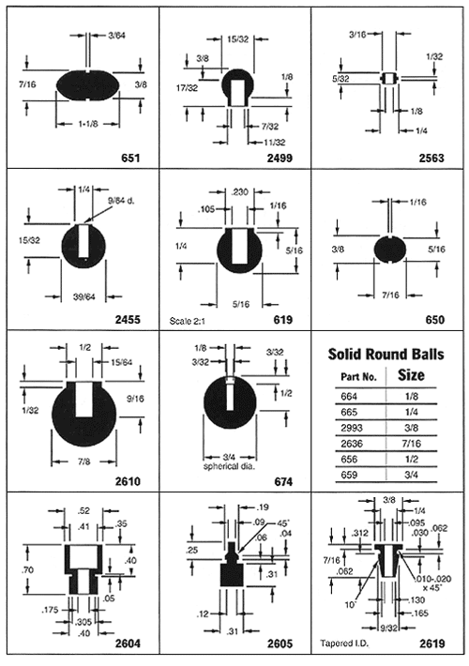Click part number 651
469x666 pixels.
tap(130, 158)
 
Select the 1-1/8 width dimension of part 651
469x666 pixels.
tap(88, 124)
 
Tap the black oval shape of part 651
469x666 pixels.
tap(88, 85)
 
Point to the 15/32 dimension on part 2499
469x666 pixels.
tap(238, 39)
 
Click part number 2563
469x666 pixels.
tap(431, 158)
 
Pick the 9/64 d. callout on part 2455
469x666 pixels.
tap(121, 201)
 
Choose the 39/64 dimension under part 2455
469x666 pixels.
tap(84, 296)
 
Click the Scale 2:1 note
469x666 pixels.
tap(188, 321)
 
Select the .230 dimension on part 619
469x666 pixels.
tap(239, 192)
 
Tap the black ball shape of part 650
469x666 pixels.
tap(390, 250)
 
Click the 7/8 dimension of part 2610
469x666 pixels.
tap(84, 462)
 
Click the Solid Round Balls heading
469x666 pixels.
tap(386, 355)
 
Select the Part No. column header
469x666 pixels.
tap(359, 376)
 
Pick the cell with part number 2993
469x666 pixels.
tap(352, 428)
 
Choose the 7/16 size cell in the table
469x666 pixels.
tap(411, 444)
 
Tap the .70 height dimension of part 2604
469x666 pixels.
tap(27, 569)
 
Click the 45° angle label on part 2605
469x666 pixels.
tap(283, 523)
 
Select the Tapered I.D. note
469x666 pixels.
tap(344, 643)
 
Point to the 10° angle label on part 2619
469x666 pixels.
tap(350, 604)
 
